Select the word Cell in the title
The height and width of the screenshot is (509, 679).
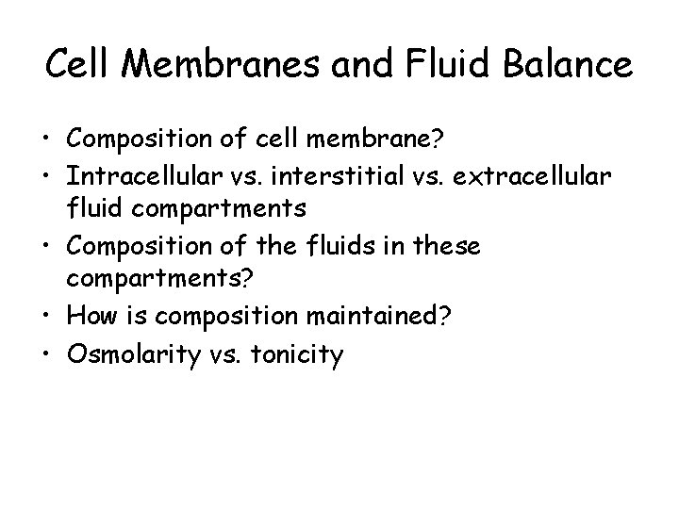[x=81, y=65]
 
